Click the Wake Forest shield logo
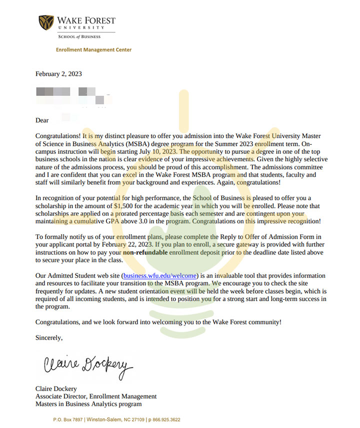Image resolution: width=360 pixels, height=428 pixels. pyautogui.click(x=46, y=22)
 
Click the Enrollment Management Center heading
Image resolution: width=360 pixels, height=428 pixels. pyautogui.click(x=93, y=50)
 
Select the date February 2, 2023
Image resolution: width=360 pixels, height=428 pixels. pyautogui.click(x=58, y=74)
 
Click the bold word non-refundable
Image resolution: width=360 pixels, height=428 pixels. pyautogui.click(x=148, y=252)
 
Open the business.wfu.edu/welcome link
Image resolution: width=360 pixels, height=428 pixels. pyautogui.click(x=160, y=276)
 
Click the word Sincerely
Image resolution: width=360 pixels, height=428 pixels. pyautogui.click(x=49, y=338)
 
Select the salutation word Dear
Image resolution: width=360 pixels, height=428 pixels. pyautogui.click(x=42, y=120)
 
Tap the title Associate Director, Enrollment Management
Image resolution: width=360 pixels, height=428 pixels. pyautogui.click(x=96, y=396)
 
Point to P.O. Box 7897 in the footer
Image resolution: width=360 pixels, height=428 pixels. pyautogui.click(x=67, y=420)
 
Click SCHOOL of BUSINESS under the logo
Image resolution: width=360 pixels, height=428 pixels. pyautogui.click(x=79, y=36)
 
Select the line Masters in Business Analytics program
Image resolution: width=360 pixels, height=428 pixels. pyautogui.click(x=88, y=404)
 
